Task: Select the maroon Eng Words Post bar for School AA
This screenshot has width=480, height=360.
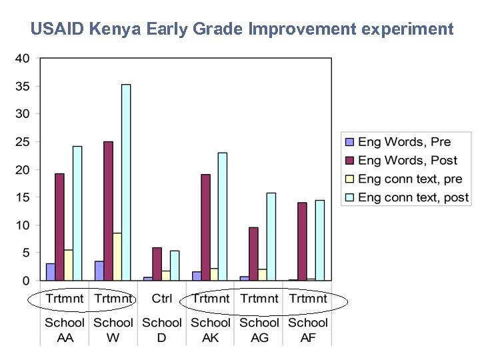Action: point(59,227)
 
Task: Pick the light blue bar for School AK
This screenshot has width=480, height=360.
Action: point(223,217)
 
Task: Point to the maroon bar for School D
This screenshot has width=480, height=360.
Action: point(157,264)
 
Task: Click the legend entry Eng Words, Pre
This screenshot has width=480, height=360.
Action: point(404,142)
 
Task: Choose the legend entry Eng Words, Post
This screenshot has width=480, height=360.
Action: point(407,161)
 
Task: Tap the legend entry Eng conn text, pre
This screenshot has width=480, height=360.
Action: point(410,179)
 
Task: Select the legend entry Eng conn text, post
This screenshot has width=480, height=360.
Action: point(413,197)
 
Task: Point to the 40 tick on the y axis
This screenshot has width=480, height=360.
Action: point(22,59)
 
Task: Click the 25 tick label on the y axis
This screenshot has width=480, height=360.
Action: point(22,142)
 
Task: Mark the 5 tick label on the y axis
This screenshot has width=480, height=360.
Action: point(25,253)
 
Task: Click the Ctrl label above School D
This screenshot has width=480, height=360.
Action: point(162,299)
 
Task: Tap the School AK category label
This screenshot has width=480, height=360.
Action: point(211,329)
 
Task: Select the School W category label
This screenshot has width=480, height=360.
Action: point(113,329)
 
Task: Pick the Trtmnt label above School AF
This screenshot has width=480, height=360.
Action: point(308,299)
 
